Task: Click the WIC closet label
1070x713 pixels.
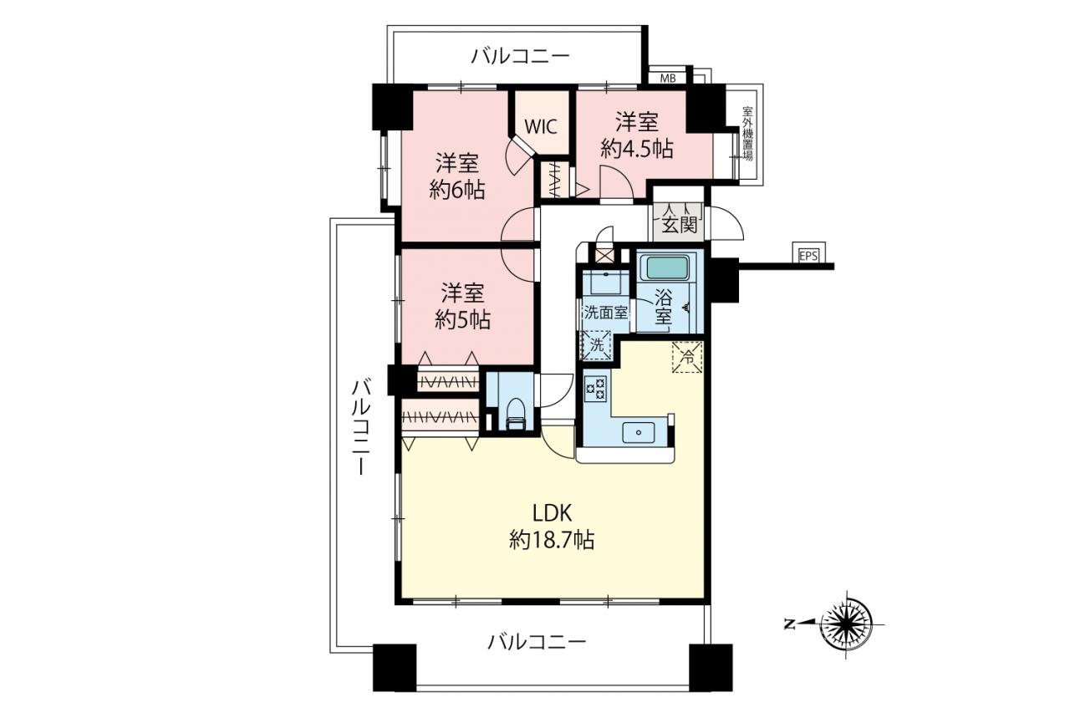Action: point(541,127)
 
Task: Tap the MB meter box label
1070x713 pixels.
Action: point(668,79)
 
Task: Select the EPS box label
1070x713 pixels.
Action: point(808,256)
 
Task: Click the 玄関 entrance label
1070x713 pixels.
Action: point(680,225)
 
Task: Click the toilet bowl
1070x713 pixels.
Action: point(516,414)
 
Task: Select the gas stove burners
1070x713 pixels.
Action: point(595,388)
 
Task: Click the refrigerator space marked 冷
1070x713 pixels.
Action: point(688,356)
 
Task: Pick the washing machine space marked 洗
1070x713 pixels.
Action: point(597,345)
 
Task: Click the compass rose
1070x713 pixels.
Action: point(847,624)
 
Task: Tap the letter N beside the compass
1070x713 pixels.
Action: point(790,624)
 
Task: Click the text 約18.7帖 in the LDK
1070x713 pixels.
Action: point(552,541)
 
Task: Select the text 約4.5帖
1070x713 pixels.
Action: point(637,149)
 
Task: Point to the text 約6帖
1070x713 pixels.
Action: point(457,191)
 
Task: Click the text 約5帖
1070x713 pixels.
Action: point(462,319)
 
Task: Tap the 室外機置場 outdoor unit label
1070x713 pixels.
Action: point(747,135)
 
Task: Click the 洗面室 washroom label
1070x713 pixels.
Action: point(606,313)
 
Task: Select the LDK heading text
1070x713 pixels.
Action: point(553,513)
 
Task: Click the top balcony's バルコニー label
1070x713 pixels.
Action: point(521,57)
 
